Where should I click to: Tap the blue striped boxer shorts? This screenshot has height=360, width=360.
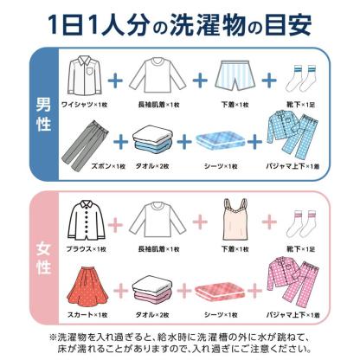[x=234, y=77]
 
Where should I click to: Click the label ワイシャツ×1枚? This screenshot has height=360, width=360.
[x=83, y=104]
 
